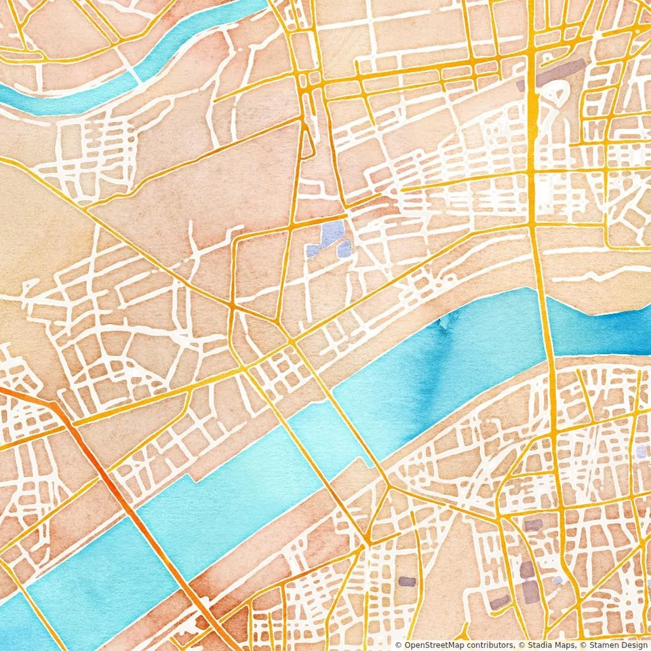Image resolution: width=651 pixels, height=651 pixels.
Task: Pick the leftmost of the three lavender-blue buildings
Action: [x=313, y=251]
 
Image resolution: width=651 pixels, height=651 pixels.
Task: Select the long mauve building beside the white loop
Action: [x=560, y=72]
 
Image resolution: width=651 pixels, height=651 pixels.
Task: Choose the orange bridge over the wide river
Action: [x=156, y=542]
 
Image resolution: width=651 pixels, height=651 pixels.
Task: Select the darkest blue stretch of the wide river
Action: [x=610, y=332]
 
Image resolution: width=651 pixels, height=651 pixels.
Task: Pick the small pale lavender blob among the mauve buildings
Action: [x=557, y=580]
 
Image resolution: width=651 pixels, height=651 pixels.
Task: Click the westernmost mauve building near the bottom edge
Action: [x=406, y=581]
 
